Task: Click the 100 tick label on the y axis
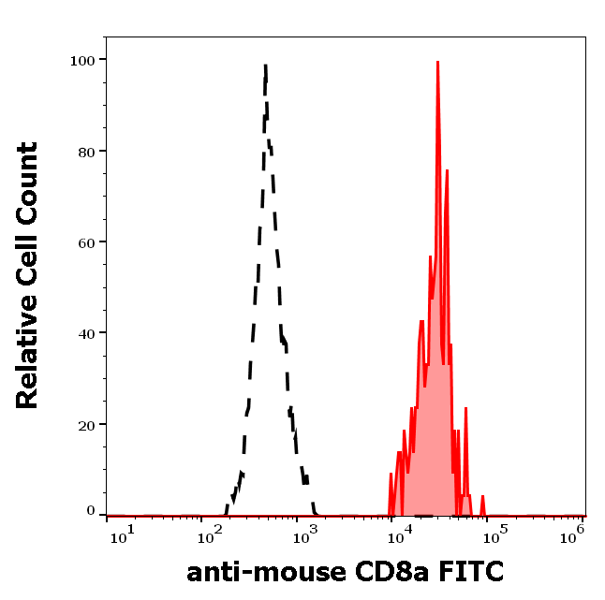(x=84, y=60)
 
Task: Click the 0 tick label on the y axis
(x=92, y=511)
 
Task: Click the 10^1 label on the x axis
(x=122, y=533)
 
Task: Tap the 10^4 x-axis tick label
(x=400, y=533)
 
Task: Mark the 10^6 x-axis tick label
(x=574, y=533)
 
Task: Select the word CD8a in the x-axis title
(x=375, y=570)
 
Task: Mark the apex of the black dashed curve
(x=266, y=65)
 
